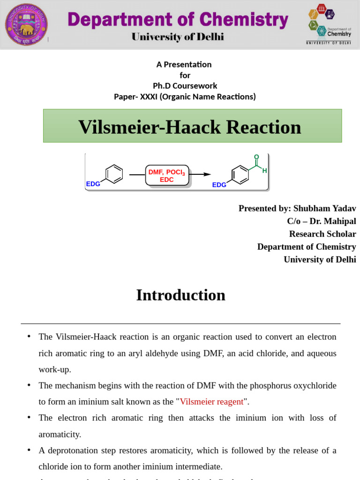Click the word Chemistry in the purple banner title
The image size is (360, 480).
tap(243, 20)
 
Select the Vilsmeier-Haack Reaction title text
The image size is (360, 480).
tap(189, 127)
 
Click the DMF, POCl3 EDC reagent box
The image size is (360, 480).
tap(167, 176)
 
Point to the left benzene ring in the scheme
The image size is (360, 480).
tap(114, 173)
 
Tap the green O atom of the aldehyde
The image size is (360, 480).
tap(256, 157)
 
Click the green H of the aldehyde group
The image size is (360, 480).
tap(265, 171)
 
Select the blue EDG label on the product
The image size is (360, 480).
tap(219, 185)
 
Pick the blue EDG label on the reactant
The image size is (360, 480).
tap(93, 184)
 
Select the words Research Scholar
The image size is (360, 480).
tap(322, 233)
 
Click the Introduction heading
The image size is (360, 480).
tap(180, 295)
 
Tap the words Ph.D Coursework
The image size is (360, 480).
tap(185, 86)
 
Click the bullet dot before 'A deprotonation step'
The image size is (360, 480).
tap(29, 450)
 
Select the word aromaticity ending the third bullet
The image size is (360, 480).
tap(60, 434)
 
